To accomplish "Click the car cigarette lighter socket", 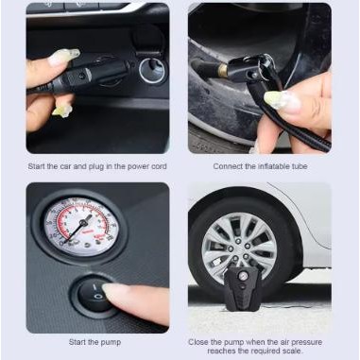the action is pos(152,70).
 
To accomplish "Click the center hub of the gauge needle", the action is pos(84,223).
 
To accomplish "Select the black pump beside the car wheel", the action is pos(243,287).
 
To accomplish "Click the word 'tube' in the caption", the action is pos(300,166).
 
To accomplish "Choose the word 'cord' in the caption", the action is pos(159,166).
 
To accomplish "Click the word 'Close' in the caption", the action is pos(198,342).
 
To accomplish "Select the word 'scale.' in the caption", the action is pos(292,351).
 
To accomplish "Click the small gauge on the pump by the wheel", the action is pos(243,276).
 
